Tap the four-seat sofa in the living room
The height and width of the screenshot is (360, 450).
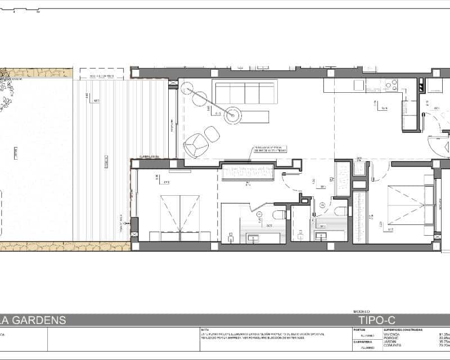[244, 92]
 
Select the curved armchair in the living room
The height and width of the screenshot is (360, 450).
[195, 146]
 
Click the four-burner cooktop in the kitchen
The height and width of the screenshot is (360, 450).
[390, 85]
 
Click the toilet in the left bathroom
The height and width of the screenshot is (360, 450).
[279, 215]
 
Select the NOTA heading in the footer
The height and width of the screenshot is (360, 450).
[205, 330]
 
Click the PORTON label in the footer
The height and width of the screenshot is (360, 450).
[359, 330]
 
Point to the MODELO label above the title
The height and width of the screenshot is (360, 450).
[361, 311]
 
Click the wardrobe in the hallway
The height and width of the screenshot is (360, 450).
[247, 172]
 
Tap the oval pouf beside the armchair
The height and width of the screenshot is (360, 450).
[212, 134]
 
